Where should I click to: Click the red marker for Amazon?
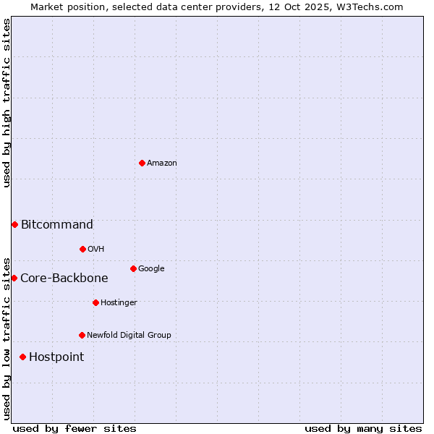click(x=142, y=163)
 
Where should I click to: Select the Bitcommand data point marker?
click(x=14, y=224)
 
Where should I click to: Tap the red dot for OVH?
click(x=82, y=249)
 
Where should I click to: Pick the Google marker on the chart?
click(x=133, y=268)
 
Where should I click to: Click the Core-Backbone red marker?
click(x=14, y=278)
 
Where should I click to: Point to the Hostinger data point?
click(x=95, y=302)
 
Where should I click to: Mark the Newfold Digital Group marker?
click(x=82, y=335)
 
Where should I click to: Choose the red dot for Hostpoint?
click(x=22, y=357)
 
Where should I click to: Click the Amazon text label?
click(x=161, y=163)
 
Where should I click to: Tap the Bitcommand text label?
click(x=57, y=225)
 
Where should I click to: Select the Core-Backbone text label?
click(x=64, y=278)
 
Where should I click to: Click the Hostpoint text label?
click(x=56, y=357)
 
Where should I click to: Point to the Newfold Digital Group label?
click(x=129, y=336)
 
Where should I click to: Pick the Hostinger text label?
click(x=119, y=303)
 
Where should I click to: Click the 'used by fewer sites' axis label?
click(x=75, y=428)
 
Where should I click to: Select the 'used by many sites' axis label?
click(x=363, y=428)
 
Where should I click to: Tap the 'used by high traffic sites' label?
click(x=7, y=103)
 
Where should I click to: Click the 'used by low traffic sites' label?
click(x=7, y=338)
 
